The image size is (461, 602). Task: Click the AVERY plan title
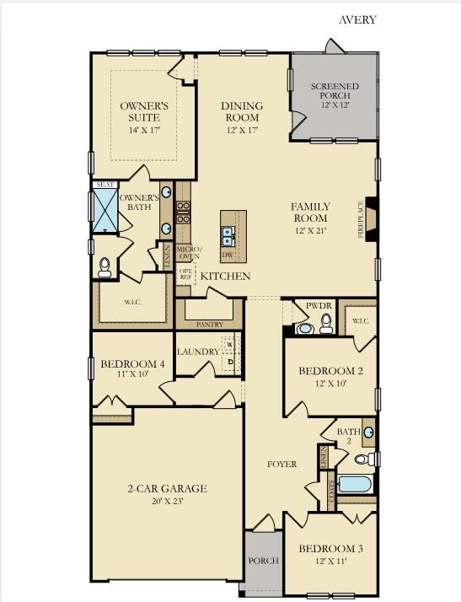[357, 19]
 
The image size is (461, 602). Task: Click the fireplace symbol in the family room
[370, 219]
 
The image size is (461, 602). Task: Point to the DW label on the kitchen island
[228, 255]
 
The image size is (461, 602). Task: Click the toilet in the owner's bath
[105, 267]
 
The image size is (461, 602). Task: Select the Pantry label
[209, 324]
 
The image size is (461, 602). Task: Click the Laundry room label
[198, 352]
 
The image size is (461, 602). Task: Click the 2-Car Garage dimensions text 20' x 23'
[167, 501]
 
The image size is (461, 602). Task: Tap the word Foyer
[281, 465]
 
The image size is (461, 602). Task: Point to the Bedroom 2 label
[330, 371]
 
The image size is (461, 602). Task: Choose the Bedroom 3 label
[330, 549]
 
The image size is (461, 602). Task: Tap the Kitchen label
[225, 276]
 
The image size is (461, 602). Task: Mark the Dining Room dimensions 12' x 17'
[243, 131]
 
